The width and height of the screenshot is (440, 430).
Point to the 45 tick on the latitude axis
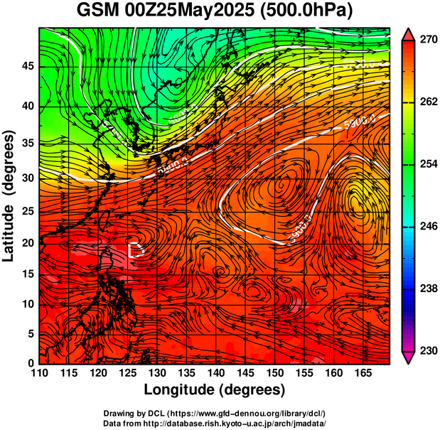point(26,66)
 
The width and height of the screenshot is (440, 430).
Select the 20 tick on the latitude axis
point(26,242)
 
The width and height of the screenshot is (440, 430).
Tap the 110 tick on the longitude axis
point(39,373)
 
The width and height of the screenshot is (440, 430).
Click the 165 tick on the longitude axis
point(362,373)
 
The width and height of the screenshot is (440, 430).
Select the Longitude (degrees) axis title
point(215,389)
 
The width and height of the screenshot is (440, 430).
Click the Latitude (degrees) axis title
point(10,195)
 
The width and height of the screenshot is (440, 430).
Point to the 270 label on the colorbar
point(427,41)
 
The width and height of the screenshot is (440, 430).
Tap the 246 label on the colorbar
point(427,227)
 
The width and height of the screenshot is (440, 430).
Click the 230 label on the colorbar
point(427,350)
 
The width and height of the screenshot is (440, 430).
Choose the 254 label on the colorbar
point(427,164)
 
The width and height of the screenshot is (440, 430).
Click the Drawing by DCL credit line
point(214,413)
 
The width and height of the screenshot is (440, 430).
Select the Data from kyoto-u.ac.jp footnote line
point(214,422)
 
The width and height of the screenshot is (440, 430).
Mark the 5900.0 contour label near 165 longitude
point(360,122)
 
